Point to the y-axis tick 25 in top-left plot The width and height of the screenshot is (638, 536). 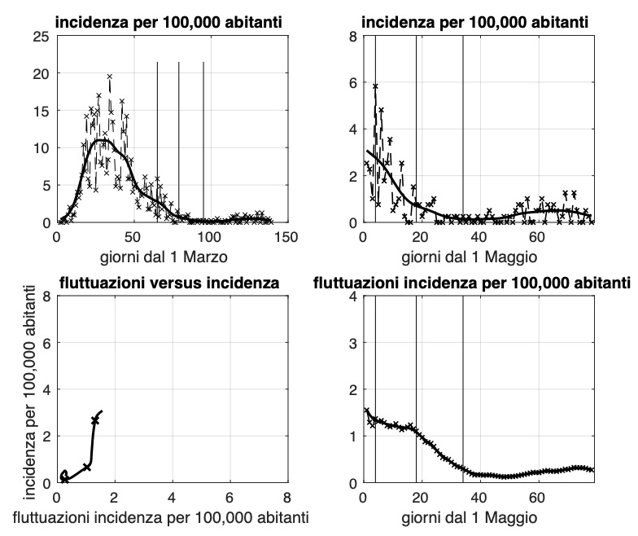coord(41,36)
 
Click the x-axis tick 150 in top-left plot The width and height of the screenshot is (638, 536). coord(286,237)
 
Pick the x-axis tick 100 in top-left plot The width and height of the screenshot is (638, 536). coord(209,237)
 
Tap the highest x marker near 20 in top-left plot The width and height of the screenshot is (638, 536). coord(109,77)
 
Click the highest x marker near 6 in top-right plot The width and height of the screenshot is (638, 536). coord(376,86)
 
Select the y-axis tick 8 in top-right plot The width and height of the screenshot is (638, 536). coord(352,36)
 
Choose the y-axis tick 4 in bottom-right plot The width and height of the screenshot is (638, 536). coord(352,297)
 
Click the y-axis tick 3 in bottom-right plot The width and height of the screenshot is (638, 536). coord(352,343)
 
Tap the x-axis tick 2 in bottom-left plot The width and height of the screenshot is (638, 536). coord(115,498)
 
